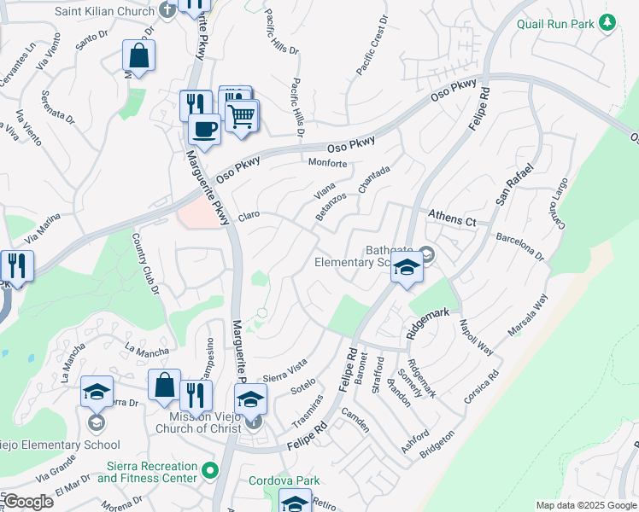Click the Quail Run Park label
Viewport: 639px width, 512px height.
[554, 24]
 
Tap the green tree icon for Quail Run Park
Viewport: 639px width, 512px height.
[607, 23]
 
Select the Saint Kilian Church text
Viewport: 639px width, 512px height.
[104, 11]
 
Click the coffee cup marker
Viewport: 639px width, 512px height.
[203, 130]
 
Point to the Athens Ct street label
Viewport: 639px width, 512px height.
[451, 218]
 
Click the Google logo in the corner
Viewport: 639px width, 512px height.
[27, 502]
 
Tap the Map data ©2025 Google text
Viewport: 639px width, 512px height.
[586, 505]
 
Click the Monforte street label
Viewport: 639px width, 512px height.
[327, 163]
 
